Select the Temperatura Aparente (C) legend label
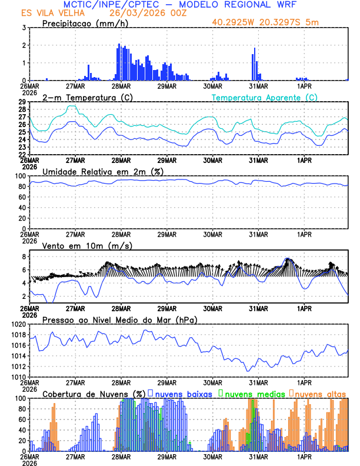264,97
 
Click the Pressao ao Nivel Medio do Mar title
119,319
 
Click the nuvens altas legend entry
321,394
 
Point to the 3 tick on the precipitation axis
24,28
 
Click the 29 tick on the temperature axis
22,102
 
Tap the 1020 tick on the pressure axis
18,324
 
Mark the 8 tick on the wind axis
24,257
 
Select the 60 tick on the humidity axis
22,197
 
